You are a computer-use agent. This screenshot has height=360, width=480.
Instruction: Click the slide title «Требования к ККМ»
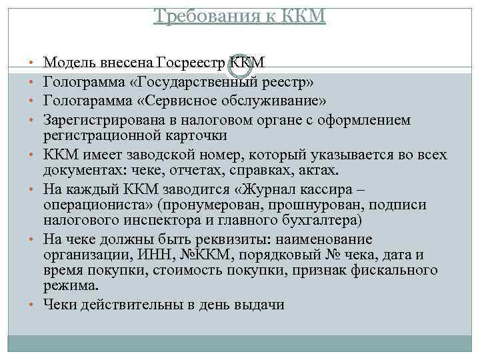point(239,15)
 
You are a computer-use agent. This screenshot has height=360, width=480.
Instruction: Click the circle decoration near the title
point(240,65)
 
